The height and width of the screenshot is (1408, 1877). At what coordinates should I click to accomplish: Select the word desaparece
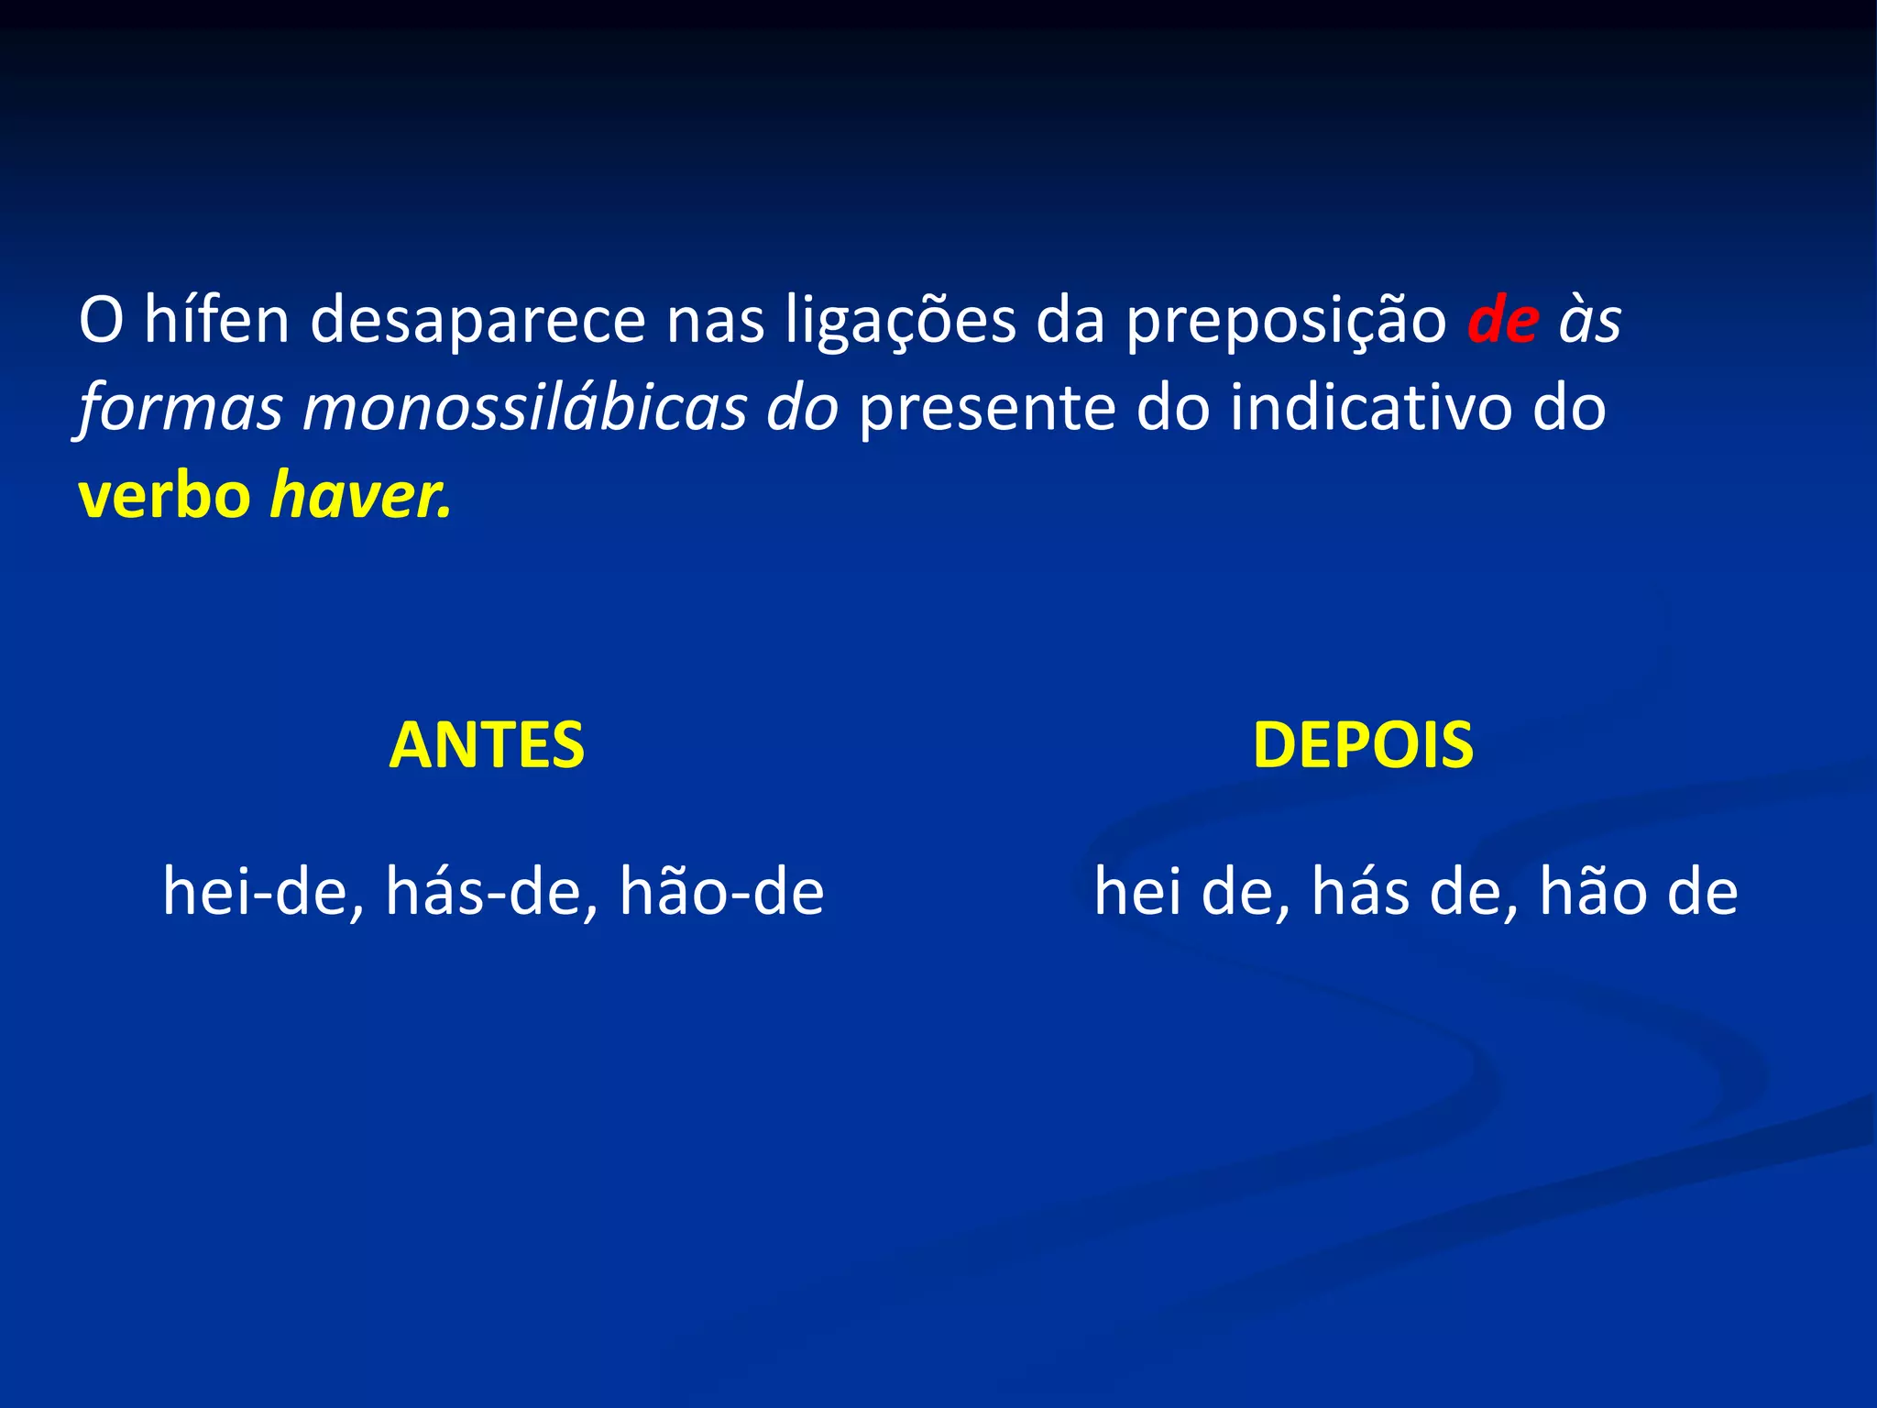(x=477, y=320)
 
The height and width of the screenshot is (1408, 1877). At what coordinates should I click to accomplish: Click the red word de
(x=1503, y=320)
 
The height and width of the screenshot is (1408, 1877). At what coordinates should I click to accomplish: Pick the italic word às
(x=1590, y=320)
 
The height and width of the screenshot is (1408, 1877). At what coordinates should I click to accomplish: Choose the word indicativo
(x=1371, y=408)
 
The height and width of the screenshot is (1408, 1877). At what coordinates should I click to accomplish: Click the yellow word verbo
(x=165, y=496)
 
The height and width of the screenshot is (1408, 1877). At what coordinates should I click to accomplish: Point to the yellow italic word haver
(x=360, y=496)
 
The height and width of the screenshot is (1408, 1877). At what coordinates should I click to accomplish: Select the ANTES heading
(x=487, y=744)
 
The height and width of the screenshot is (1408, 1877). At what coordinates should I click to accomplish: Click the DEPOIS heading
(x=1363, y=744)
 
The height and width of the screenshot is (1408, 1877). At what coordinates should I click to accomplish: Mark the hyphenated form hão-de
(x=721, y=892)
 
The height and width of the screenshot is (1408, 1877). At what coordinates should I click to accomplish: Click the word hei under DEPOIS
(x=1137, y=892)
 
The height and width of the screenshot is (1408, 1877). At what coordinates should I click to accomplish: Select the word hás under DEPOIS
(x=1360, y=892)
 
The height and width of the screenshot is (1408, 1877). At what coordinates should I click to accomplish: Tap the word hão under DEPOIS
(x=1593, y=892)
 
